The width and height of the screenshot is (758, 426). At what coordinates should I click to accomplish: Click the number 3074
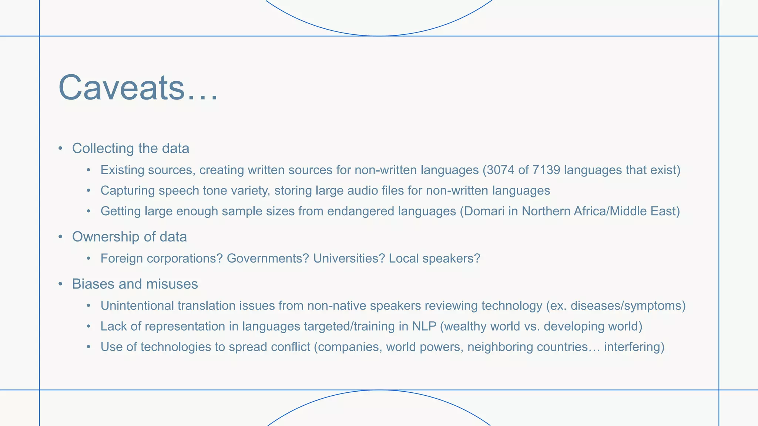[x=501, y=170]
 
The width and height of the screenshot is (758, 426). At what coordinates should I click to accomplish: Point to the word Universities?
[x=349, y=258]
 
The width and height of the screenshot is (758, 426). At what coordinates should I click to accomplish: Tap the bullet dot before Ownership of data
[x=60, y=237]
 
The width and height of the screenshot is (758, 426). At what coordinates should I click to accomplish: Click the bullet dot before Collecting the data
[x=60, y=149]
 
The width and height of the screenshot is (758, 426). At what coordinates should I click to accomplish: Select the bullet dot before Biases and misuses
[x=60, y=284]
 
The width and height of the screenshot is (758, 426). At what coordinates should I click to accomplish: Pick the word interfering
[x=632, y=347]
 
